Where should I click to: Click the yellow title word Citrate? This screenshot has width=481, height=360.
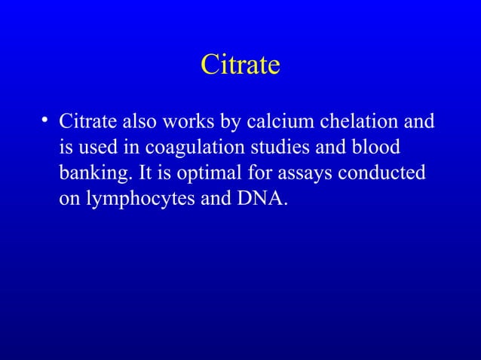240,66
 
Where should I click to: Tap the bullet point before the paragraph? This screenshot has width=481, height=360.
45,120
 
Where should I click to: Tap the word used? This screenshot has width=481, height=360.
96,148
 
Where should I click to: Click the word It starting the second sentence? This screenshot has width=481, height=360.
147,174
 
